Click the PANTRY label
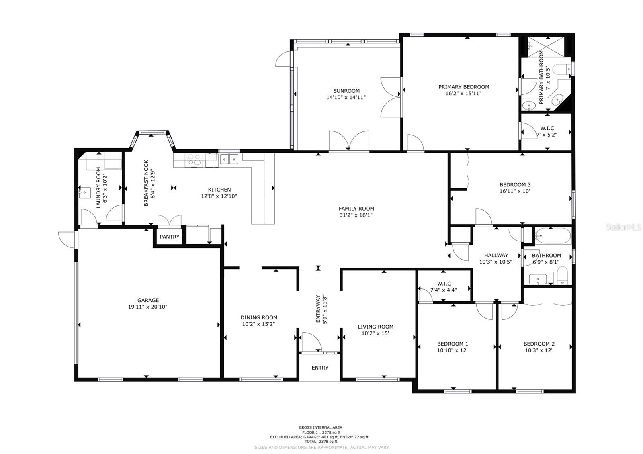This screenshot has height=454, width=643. (x=169, y=237)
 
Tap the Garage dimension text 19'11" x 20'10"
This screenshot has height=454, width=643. (x=147, y=307)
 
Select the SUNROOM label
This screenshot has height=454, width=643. (x=346, y=91)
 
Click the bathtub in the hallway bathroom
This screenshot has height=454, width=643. (x=553, y=236)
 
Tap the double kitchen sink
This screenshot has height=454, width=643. (x=229, y=160)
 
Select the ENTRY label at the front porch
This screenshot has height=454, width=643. (x=320, y=368)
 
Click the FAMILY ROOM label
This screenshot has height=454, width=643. (x=356, y=208)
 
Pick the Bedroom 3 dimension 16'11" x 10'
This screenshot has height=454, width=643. (x=515, y=191)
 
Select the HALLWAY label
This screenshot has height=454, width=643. (x=496, y=255)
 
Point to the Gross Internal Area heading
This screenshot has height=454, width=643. (x=320, y=427)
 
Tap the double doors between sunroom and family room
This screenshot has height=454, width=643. (x=349, y=141)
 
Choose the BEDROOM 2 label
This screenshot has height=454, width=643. (x=539, y=344)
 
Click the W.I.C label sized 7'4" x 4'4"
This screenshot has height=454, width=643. (x=444, y=284)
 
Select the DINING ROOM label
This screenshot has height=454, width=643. (x=259, y=317)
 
